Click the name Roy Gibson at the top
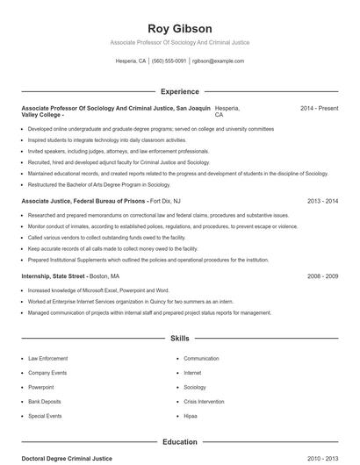180,28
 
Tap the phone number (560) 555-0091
169,61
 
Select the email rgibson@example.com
218,61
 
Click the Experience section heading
180,91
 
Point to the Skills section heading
180,338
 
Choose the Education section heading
180,442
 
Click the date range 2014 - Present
319,108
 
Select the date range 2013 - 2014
322,202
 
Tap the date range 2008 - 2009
322,276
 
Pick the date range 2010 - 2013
322,458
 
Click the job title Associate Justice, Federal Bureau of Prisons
83,202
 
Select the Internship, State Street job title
53,276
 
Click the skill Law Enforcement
47,359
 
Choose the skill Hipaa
191,415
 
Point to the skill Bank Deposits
44,401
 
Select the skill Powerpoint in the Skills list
40,387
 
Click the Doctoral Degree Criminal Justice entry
67,458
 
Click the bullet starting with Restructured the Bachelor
98,185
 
